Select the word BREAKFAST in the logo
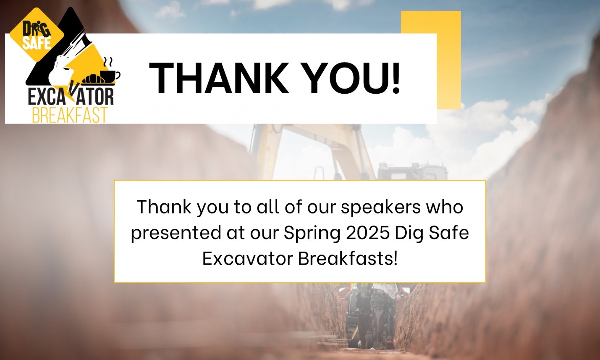(70, 115)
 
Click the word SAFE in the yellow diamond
(37, 43)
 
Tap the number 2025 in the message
(367, 233)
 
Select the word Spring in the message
(312, 234)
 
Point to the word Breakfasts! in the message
(348, 258)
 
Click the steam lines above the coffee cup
(108, 63)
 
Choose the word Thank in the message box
(164, 207)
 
